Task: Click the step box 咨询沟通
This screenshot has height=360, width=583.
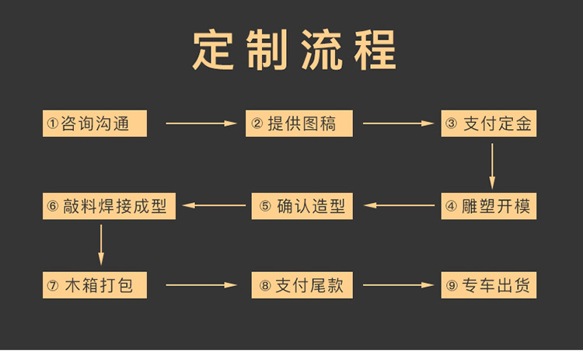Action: coord(94,123)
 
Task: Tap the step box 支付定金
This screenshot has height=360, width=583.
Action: coord(489,123)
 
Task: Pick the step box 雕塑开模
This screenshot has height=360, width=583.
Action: coord(489,206)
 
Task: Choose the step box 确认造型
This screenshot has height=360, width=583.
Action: coord(303,206)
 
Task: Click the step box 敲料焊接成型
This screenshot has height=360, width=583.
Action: coord(104,206)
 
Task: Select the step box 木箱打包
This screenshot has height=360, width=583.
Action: coord(94,285)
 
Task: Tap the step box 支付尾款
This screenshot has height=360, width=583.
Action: coord(303,285)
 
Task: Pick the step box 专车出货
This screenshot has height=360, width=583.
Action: coord(489,285)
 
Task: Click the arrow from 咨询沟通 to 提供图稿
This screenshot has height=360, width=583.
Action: coord(200,123)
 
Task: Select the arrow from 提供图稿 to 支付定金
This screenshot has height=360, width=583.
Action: coord(397,123)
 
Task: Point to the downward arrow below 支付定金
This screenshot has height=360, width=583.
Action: coord(492,164)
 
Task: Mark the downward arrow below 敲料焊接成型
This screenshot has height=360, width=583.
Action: coord(101,245)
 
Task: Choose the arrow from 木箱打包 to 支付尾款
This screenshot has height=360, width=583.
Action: coord(200,285)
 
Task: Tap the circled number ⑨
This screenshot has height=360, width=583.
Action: coord(452,285)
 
